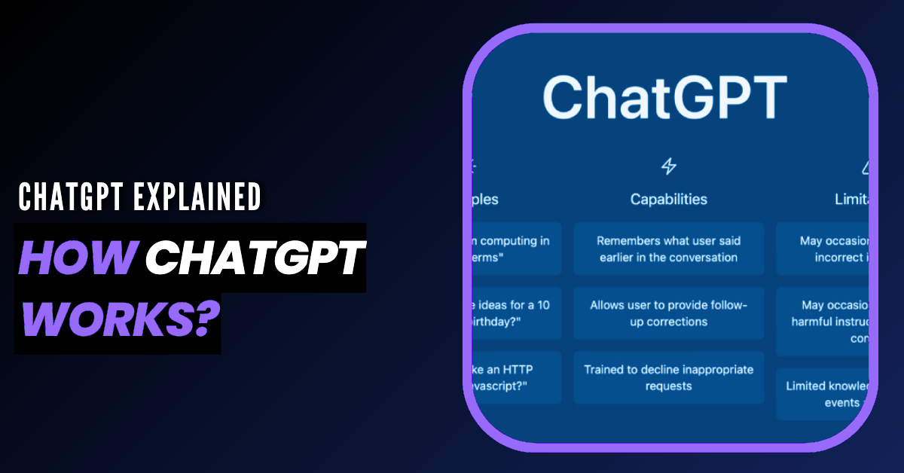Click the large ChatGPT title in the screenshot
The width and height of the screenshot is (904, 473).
coord(664,96)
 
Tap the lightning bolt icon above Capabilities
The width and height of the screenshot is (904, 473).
coord(668,166)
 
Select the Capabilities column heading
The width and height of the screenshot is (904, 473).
coord(668,200)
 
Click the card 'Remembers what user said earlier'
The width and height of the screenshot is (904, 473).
coord(668,249)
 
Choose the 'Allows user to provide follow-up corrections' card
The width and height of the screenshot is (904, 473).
coord(668,313)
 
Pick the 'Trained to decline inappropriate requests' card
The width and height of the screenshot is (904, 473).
coord(668,377)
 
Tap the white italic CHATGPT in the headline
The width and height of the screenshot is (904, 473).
coord(254,260)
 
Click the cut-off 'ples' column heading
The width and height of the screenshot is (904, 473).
coord(485,200)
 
